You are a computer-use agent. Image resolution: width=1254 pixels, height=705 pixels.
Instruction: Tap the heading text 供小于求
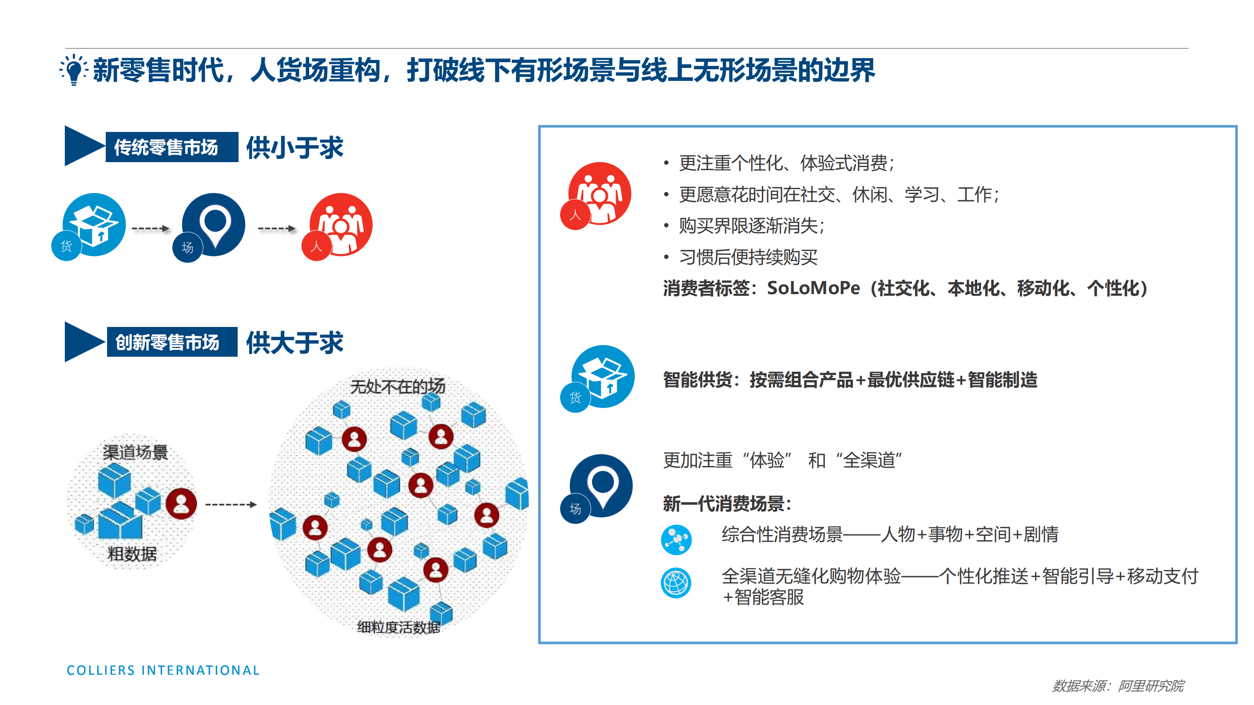[x=295, y=147]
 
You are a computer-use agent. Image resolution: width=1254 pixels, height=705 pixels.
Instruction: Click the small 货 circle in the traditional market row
[x=66, y=247]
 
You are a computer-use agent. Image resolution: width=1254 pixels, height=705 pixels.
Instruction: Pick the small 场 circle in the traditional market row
[x=187, y=247]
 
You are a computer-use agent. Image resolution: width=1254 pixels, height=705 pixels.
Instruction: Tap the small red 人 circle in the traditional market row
[x=316, y=247]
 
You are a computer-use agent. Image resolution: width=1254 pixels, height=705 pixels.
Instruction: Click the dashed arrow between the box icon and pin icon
[x=151, y=228]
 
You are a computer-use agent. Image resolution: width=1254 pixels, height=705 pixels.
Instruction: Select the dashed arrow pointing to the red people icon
[x=276, y=228]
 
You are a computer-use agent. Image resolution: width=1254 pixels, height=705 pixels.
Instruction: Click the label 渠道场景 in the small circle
[x=135, y=452]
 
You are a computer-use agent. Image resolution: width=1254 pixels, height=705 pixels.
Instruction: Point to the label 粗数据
[x=132, y=554]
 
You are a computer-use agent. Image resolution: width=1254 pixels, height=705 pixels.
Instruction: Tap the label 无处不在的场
[x=398, y=386]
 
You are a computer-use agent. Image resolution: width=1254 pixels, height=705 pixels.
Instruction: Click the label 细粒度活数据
[x=398, y=627]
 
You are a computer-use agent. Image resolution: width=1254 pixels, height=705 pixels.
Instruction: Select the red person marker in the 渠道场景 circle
[x=181, y=503]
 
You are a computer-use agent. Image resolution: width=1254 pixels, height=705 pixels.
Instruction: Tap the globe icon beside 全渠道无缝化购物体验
[x=676, y=582]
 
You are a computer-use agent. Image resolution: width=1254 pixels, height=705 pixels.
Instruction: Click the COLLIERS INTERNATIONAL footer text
[x=163, y=670]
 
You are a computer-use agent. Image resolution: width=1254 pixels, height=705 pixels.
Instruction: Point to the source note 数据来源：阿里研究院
[x=1118, y=686]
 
